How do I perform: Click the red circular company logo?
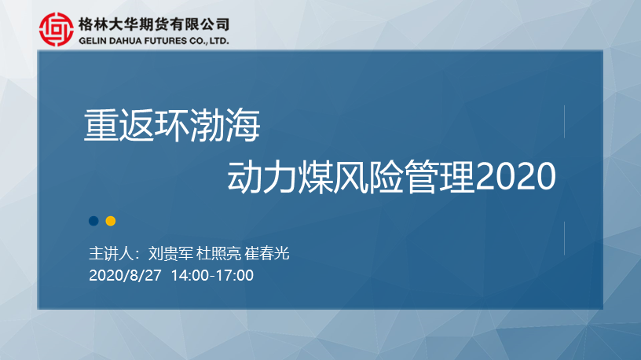pos(57,29)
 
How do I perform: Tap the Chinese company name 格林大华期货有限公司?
pos(154,24)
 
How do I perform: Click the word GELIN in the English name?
pos(93,41)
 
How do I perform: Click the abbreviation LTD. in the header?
pos(219,41)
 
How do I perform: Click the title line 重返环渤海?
pos(172,126)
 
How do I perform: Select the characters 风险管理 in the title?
pos(404,177)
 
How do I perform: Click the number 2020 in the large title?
pos(515,176)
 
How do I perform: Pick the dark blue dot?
pos(93,221)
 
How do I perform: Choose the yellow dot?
pos(111,221)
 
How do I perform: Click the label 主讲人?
pos(112,254)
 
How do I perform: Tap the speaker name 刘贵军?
pos(170,254)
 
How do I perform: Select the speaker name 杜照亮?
pos(218,254)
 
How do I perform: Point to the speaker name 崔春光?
pos(267,254)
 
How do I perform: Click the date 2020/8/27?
pos(125,275)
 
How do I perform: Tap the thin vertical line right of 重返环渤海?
pos(564,122)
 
